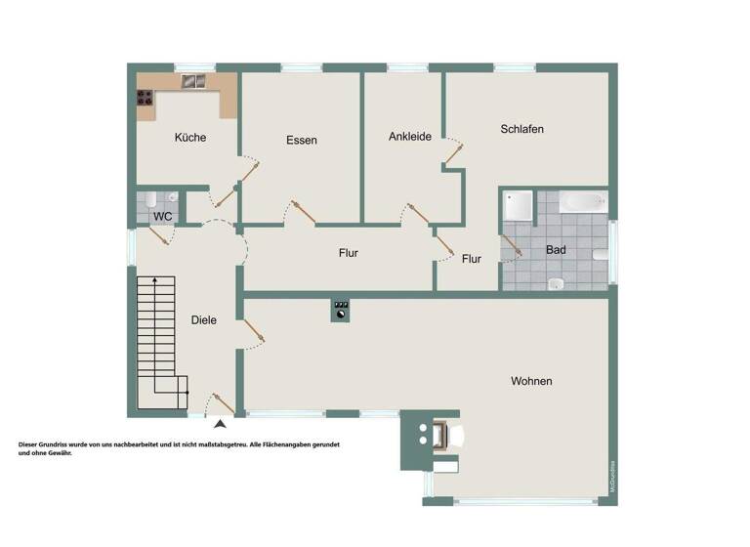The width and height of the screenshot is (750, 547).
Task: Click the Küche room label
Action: [190, 138]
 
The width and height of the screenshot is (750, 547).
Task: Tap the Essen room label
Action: [302, 141]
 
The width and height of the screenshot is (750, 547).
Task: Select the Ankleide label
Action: [409, 137]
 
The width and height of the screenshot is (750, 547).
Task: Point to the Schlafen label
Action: [521, 129]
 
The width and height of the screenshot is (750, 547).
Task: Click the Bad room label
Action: [556, 250]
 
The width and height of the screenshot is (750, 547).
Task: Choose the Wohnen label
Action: [531, 381]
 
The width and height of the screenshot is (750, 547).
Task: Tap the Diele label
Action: [203, 320]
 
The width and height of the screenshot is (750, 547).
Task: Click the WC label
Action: [163, 216]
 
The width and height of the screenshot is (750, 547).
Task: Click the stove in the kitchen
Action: [145, 97]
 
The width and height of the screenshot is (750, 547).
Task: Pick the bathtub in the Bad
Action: [583, 202]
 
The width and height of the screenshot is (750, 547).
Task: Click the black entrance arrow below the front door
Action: [220, 423]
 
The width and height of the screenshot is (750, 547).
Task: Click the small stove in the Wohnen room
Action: [341, 311]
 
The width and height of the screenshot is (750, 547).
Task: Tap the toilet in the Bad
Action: [555, 284]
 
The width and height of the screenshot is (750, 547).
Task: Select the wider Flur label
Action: [348, 253]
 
